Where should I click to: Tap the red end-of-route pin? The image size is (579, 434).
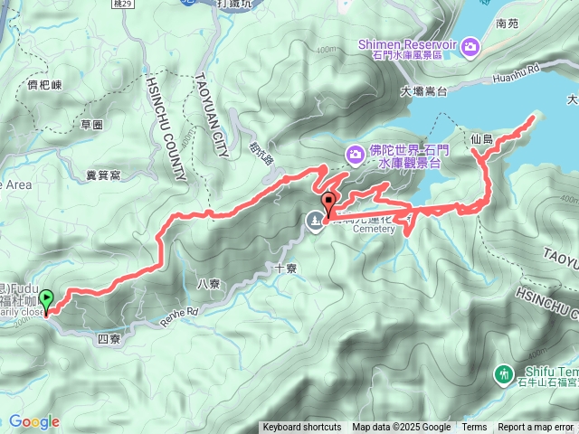pyautogui.click(x=327, y=203)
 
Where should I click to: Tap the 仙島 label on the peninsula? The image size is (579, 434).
pyautogui.click(x=482, y=139)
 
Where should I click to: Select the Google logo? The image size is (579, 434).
pyautogui.click(x=34, y=421)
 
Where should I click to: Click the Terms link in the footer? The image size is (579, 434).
pyautogui.click(x=474, y=428)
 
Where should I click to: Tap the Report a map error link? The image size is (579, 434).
pyautogui.click(x=536, y=428)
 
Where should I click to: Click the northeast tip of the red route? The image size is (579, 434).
pyautogui.click(x=534, y=117)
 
